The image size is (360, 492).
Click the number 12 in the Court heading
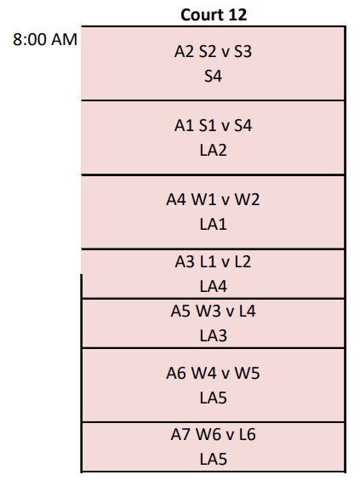click(237, 14)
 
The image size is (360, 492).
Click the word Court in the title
click(203, 14)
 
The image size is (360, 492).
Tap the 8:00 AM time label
click(45, 40)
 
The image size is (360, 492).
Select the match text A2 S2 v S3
click(213, 51)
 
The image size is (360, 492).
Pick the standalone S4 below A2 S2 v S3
click(214, 77)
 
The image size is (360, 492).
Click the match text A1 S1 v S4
click(213, 125)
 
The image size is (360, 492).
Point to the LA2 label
click(214, 151)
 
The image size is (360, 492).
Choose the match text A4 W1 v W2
click(213, 199)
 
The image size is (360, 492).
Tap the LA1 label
click(214, 225)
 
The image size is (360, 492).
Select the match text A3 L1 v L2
click(213, 261)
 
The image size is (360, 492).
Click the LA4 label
click(214, 287)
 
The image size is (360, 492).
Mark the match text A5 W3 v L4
click(213, 311)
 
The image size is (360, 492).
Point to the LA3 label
click(214, 335)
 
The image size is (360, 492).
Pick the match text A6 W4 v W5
click(213, 374)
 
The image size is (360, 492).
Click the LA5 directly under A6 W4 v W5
click(214, 398)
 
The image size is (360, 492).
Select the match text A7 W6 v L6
click(213, 435)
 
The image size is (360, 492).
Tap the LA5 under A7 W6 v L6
click(214, 460)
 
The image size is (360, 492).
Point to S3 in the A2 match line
click(243, 51)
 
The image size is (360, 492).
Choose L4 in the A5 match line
click(248, 311)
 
